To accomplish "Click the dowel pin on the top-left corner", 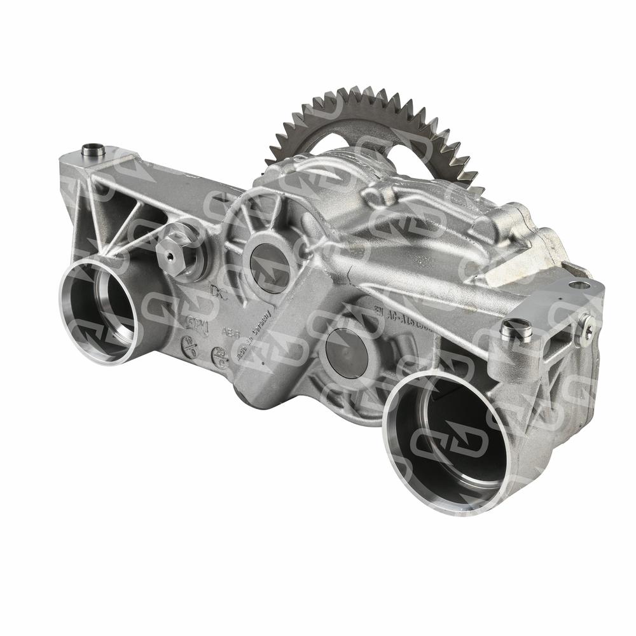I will [x=93, y=151].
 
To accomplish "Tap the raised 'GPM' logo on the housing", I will [x=197, y=323].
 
